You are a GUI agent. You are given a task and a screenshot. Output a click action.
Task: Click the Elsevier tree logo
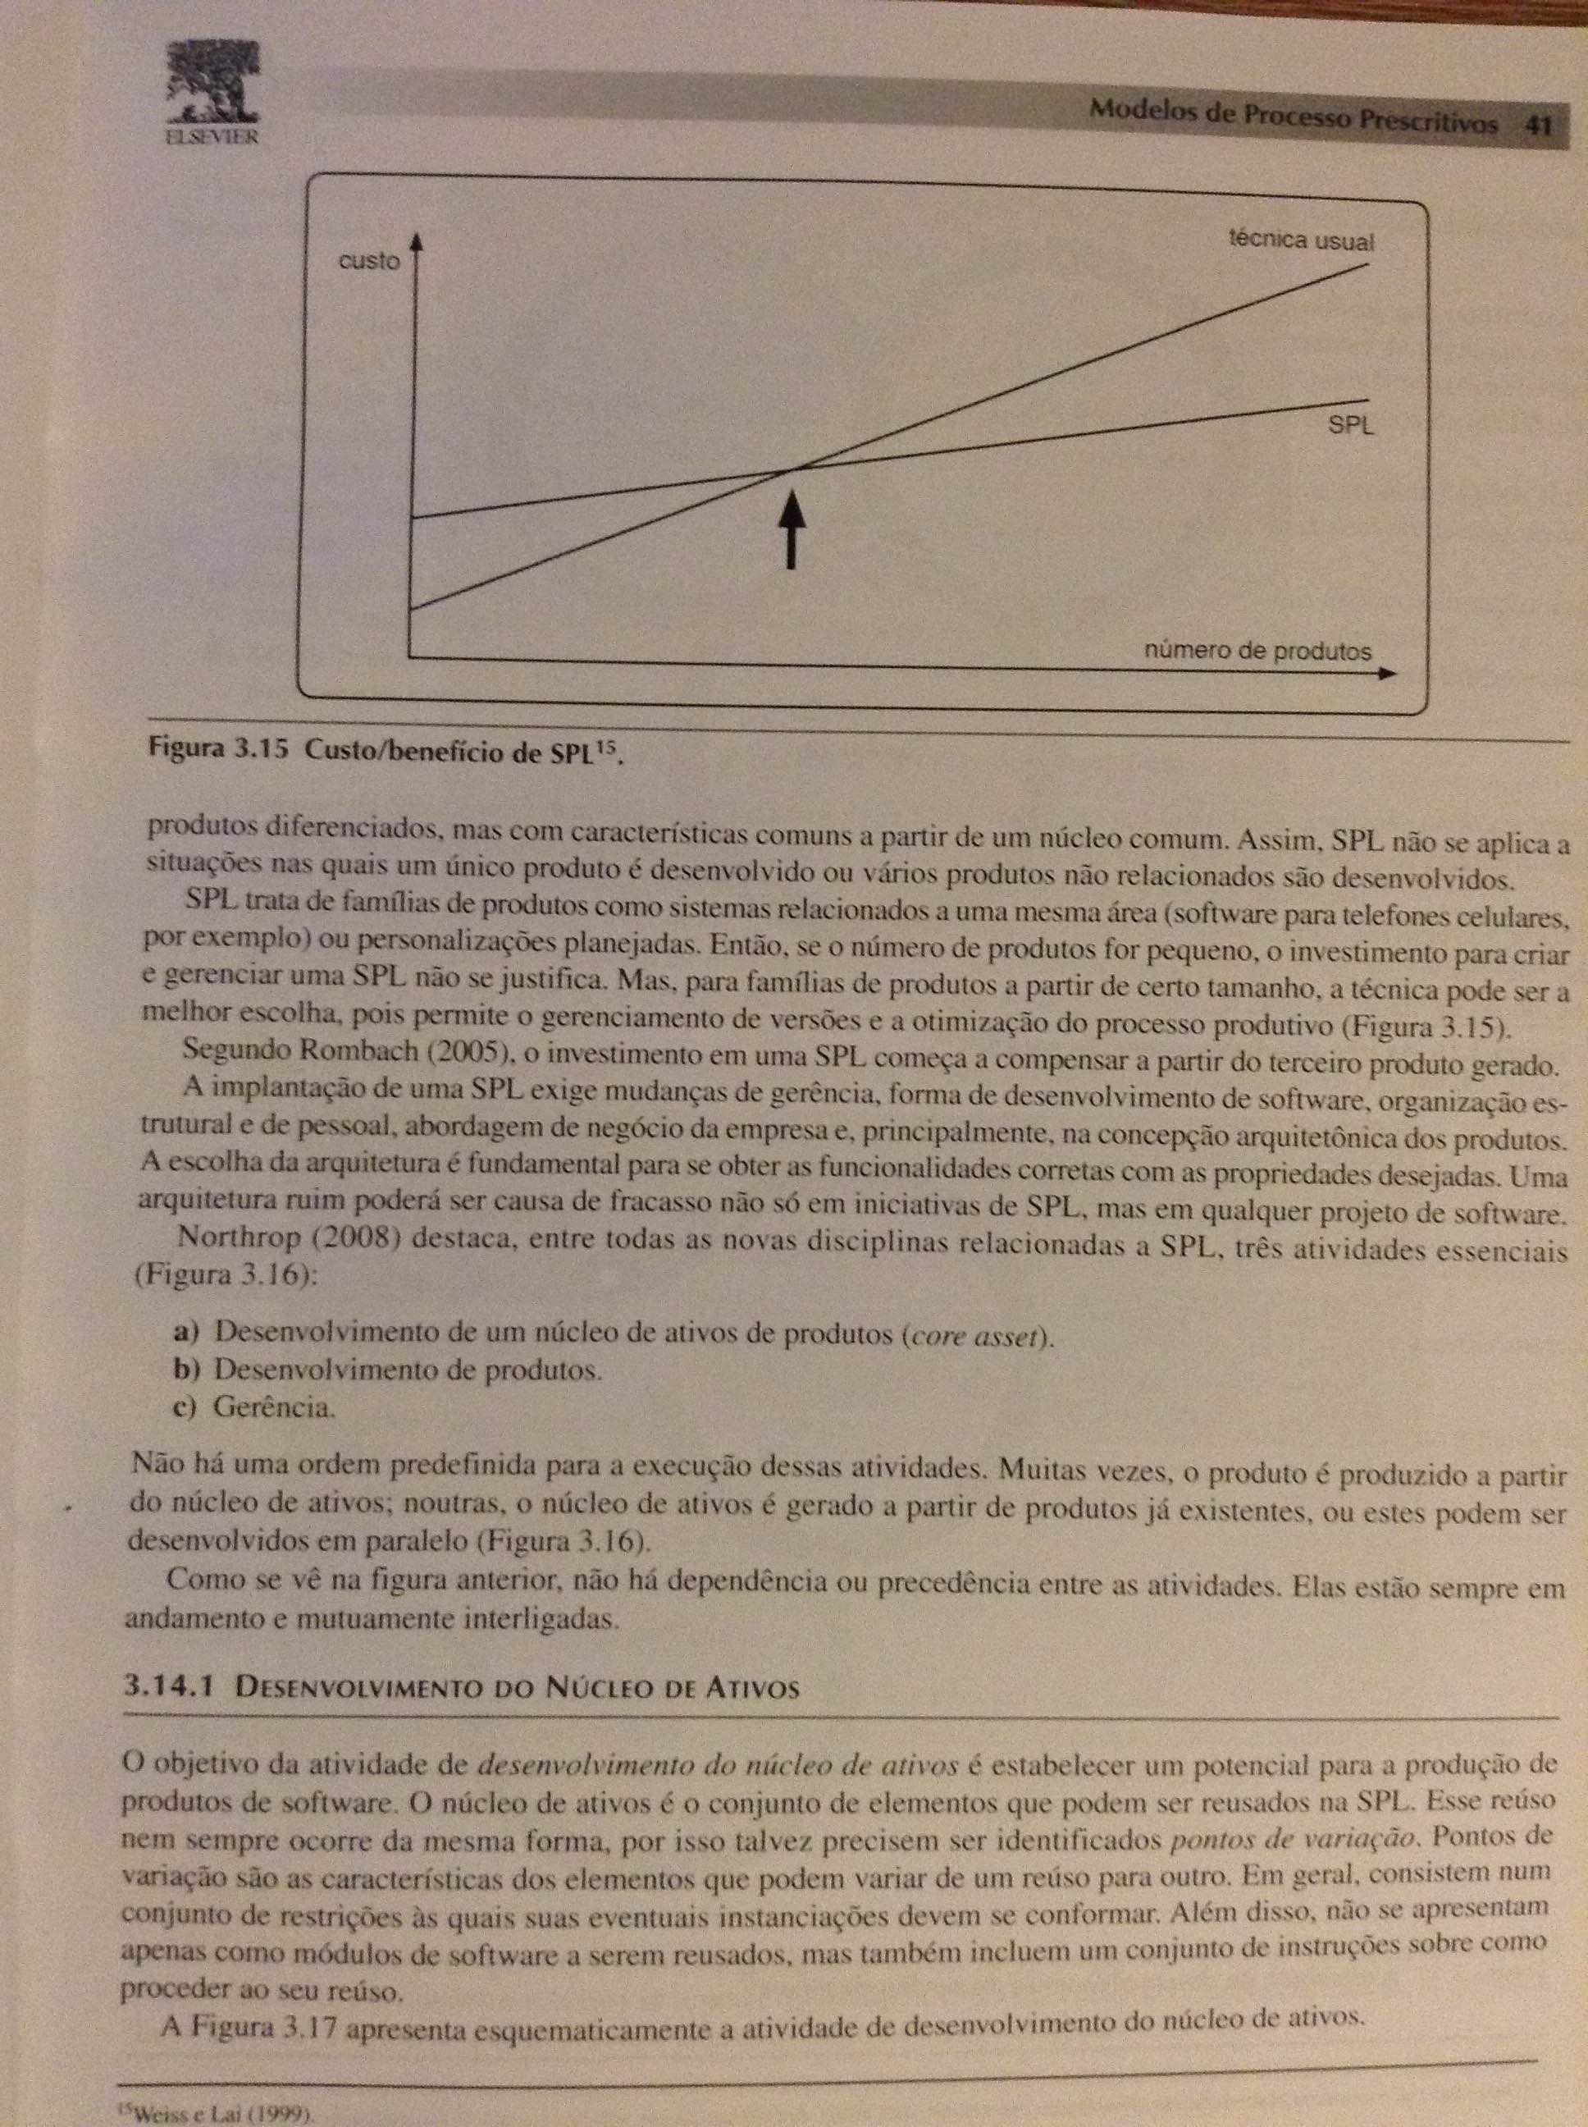click(x=206, y=84)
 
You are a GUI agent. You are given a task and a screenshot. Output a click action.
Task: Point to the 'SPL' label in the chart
click(x=1351, y=425)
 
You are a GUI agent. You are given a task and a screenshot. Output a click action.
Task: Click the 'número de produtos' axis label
click(x=1257, y=651)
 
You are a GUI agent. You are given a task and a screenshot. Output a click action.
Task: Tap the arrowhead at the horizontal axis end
click(x=1385, y=673)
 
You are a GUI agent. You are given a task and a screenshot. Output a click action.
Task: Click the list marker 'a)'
click(x=184, y=1334)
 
